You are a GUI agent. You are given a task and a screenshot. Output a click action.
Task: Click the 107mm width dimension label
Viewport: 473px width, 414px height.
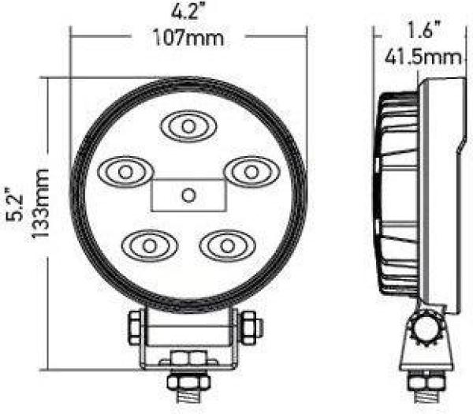(x=188, y=37)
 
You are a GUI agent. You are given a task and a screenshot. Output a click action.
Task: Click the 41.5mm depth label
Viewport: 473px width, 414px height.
(x=423, y=58)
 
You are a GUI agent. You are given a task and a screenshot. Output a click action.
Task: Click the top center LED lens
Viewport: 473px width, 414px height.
(x=188, y=125)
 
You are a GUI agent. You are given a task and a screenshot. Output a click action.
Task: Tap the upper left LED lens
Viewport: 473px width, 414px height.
(x=124, y=170)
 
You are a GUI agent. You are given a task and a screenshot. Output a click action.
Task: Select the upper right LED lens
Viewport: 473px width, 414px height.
(x=250, y=170)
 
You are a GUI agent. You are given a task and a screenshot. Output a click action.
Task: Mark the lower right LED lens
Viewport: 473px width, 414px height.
(x=226, y=244)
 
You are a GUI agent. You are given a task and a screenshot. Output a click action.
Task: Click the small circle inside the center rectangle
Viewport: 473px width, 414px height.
(x=188, y=194)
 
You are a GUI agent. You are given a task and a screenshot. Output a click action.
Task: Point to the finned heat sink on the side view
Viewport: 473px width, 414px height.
(x=398, y=193)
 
